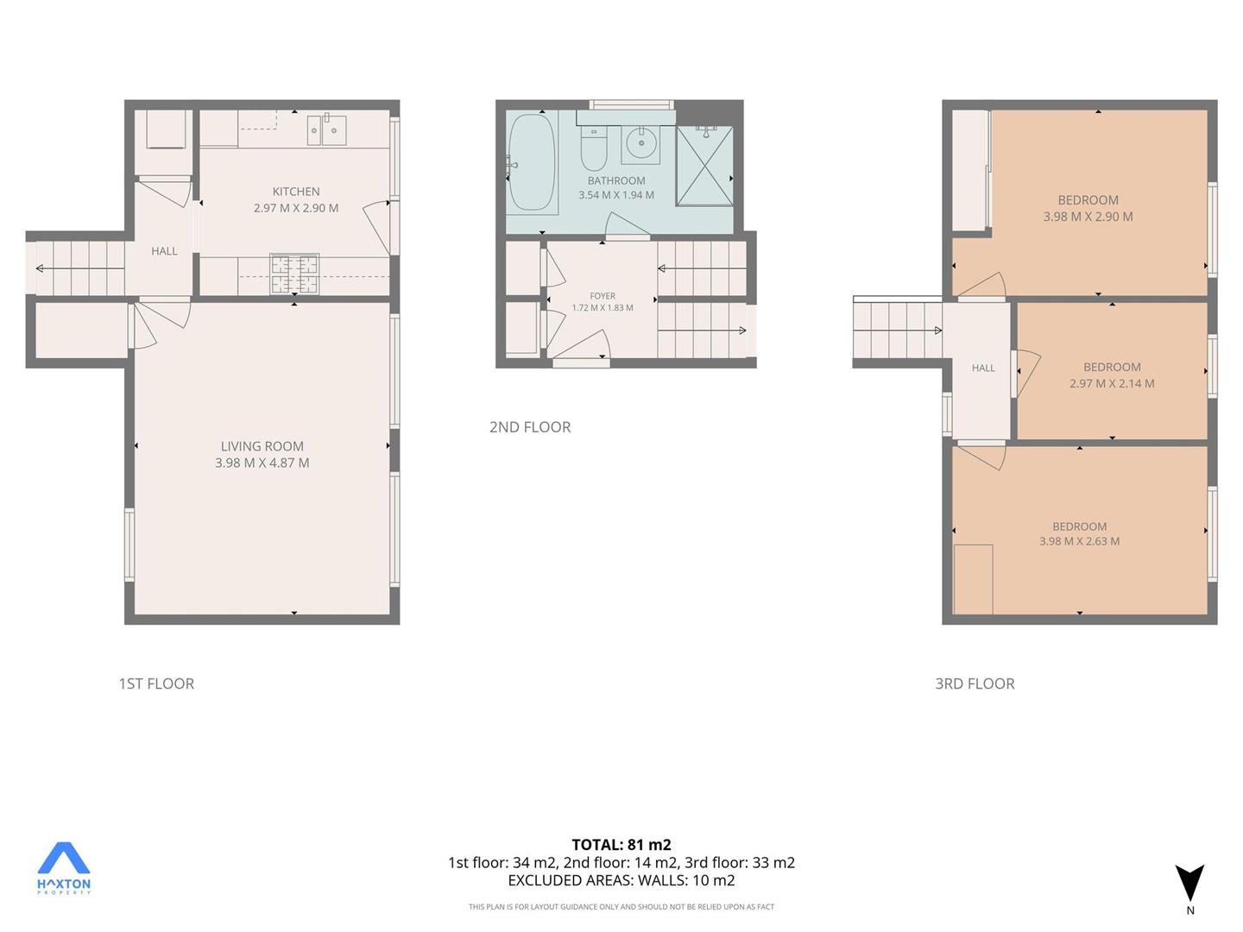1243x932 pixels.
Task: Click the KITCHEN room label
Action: (x=295, y=192)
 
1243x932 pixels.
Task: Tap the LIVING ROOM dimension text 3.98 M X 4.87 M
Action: (x=262, y=463)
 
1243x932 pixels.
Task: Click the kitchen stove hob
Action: (x=294, y=274)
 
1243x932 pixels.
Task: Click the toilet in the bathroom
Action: (x=594, y=148)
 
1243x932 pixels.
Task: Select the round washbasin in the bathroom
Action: (x=641, y=143)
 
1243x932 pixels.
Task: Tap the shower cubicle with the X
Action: (x=704, y=166)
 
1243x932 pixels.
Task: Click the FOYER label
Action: (x=602, y=296)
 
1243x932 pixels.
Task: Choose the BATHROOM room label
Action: (x=616, y=180)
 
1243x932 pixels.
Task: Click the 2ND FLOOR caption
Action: (x=530, y=426)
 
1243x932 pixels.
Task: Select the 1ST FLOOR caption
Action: (x=156, y=683)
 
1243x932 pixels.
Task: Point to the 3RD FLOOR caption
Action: (x=975, y=683)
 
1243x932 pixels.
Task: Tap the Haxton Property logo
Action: (x=63, y=867)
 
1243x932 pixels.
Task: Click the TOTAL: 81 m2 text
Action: (x=621, y=845)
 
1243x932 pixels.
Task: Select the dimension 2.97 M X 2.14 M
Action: (x=1112, y=383)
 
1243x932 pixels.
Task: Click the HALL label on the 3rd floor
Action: (x=983, y=368)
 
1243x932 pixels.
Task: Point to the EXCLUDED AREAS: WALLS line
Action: (x=621, y=880)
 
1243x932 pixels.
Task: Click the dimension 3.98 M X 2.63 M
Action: (x=1079, y=541)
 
